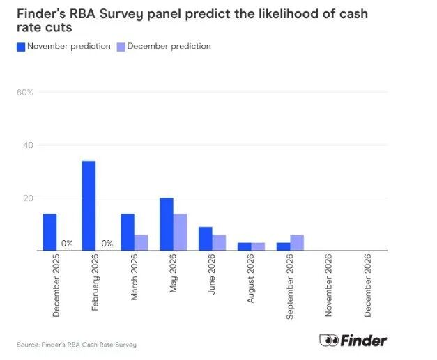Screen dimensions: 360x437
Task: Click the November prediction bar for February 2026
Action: pyautogui.click(x=89, y=205)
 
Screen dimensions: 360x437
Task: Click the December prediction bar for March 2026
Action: pyautogui.click(x=141, y=242)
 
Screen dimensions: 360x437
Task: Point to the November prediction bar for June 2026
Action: pyautogui.click(x=206, y=239)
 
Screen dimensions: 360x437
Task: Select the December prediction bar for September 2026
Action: pyautogui.click(x=298, y=242)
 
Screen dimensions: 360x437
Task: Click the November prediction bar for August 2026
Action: pyautogui.click(x=245, y=246)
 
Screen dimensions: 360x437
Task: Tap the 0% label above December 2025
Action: pyautogui.click(x=67, y=244)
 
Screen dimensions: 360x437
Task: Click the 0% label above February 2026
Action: pyautogui.click(x=107, y=244)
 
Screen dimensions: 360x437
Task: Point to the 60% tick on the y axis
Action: pyautogui.click(x=25, y=93)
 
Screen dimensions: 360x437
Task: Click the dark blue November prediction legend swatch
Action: pyautogui.click(x=21, y=47)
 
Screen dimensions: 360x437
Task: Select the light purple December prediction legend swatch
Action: pyautogui.click(x=121, y=47)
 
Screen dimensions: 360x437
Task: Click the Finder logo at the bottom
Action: pyautogui.click(x=353, y=341)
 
